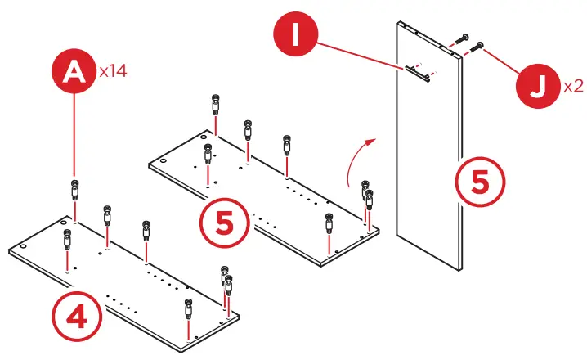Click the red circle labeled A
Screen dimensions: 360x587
75,72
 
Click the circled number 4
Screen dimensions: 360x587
78,316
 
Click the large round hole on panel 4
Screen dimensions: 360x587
24,245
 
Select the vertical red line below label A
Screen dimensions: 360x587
75,135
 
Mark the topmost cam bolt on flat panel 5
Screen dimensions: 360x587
214,106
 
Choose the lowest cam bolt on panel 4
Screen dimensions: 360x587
189,309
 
